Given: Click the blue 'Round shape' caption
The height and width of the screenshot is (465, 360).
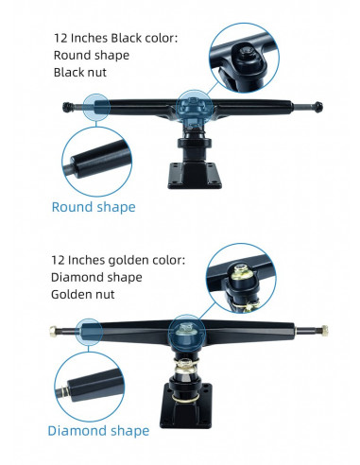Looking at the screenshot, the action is [94, 207].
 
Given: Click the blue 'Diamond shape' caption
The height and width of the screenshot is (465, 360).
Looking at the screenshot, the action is [98, 431].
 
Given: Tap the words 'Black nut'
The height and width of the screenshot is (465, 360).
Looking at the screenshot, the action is [80, 73].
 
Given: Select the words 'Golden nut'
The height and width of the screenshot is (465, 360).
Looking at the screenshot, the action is [83, 295].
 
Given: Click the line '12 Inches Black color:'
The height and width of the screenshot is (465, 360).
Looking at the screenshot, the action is [116, 38].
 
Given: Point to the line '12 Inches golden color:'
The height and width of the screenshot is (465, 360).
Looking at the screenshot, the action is [118, 260].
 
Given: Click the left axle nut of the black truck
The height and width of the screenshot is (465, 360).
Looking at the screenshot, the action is [66, 107].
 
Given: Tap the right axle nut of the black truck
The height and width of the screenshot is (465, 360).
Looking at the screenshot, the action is [318, 107].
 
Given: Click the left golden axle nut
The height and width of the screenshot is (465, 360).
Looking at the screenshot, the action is [53, 331].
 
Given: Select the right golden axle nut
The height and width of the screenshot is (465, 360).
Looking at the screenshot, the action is [324, 331].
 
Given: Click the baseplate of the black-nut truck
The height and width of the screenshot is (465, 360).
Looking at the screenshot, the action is [195, 176].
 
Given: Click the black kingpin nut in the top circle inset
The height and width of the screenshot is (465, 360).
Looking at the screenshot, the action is [245, 54].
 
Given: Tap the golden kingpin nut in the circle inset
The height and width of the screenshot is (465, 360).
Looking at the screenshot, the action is [241, 272].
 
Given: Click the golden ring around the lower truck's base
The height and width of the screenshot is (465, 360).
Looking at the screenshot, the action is [186, 398].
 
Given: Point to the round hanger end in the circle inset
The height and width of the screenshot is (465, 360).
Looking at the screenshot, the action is [100, 160].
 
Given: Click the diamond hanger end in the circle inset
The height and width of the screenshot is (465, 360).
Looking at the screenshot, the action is [94, 385].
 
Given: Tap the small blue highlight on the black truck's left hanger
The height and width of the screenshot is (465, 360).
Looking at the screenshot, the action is [96, 107].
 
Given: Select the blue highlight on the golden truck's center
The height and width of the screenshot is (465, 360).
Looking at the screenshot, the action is [186, 332].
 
